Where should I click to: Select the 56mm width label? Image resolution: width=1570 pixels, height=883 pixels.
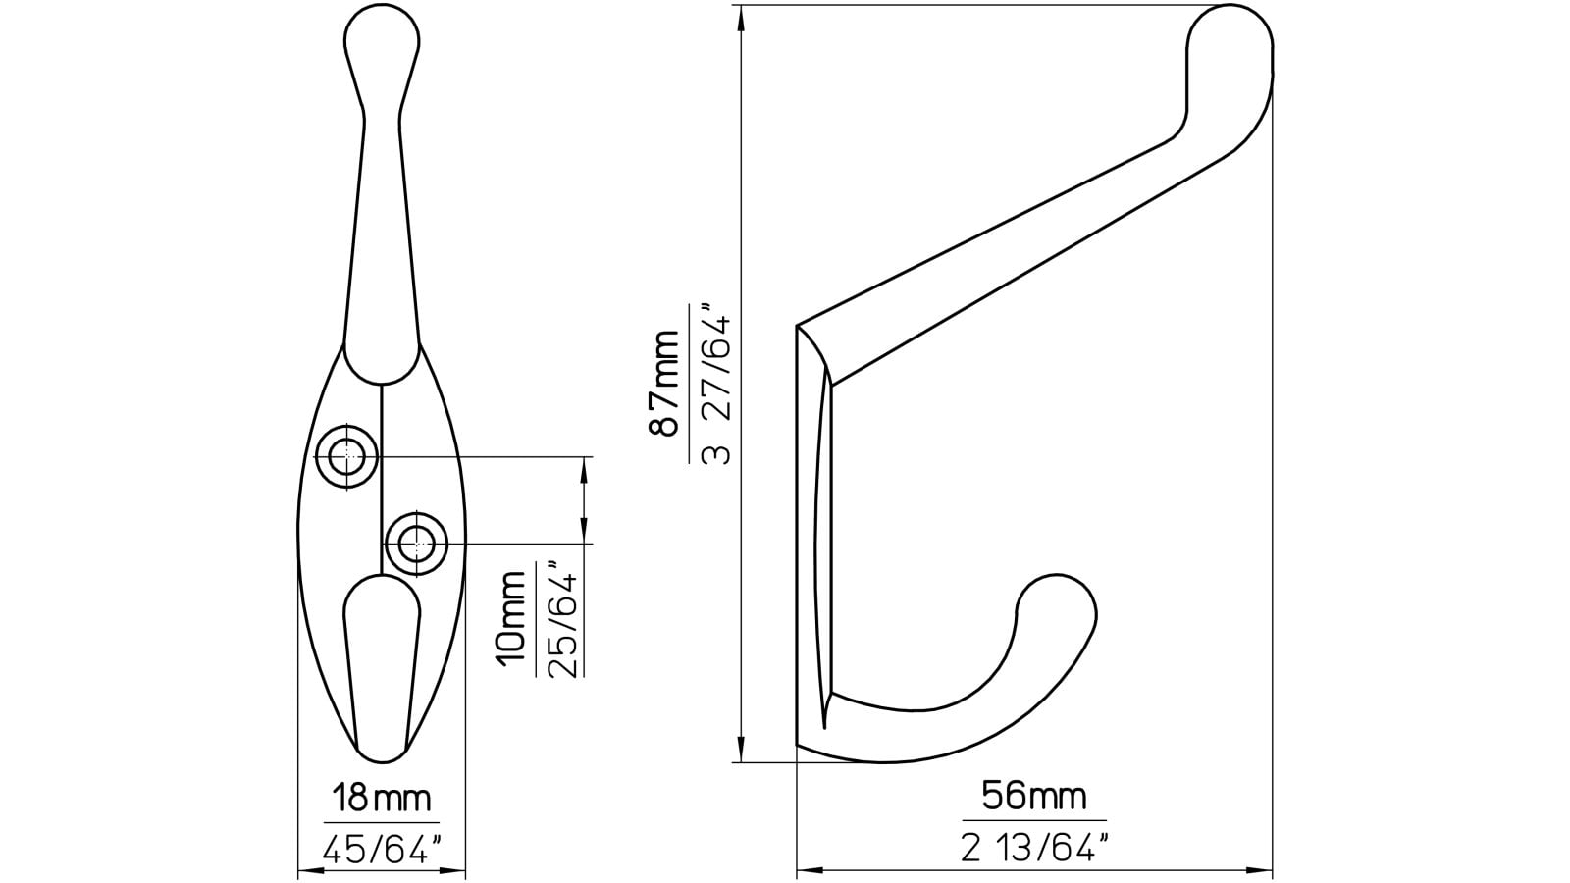click(1033, 796)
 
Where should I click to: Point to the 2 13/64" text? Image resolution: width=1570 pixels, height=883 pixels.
click(1033, 846)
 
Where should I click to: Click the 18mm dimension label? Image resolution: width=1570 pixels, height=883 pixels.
click(381, 800)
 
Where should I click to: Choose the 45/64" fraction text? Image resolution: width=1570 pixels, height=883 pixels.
click(381, 849)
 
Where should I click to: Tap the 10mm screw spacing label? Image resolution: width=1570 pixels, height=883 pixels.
click(511, 618)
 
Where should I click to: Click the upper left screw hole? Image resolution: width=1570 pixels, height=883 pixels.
click(346, 456)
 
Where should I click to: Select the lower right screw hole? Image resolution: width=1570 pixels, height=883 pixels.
click(417, 543)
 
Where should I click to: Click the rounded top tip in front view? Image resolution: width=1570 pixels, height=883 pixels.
click(382, 39)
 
